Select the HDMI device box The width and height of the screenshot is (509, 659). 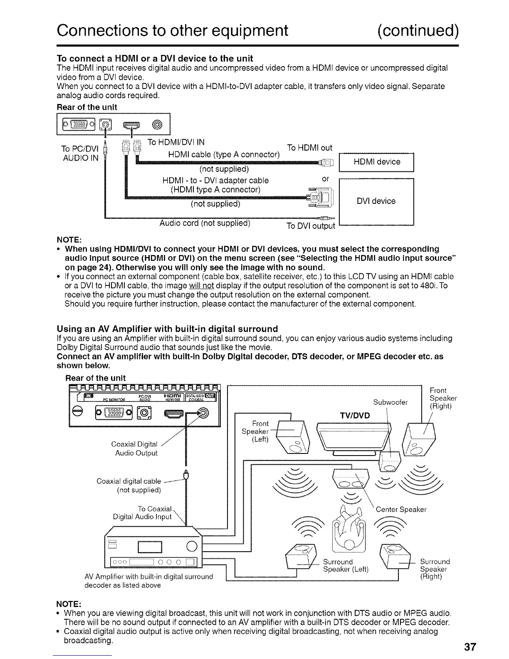[377, 162]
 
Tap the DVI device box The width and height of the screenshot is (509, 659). [377, 201]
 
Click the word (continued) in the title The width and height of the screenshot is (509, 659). [418, 30]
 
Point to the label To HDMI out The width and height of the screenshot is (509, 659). [310, 148]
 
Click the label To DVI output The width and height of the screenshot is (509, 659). [311, 226]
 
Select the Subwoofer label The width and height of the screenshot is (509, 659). [390, 402]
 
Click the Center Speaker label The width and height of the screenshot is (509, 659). [401, 510]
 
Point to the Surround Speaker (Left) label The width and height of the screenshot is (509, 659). [346, 565]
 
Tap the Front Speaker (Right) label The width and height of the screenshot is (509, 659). [443, 398]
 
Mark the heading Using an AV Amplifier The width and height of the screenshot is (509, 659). [167, 329]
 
